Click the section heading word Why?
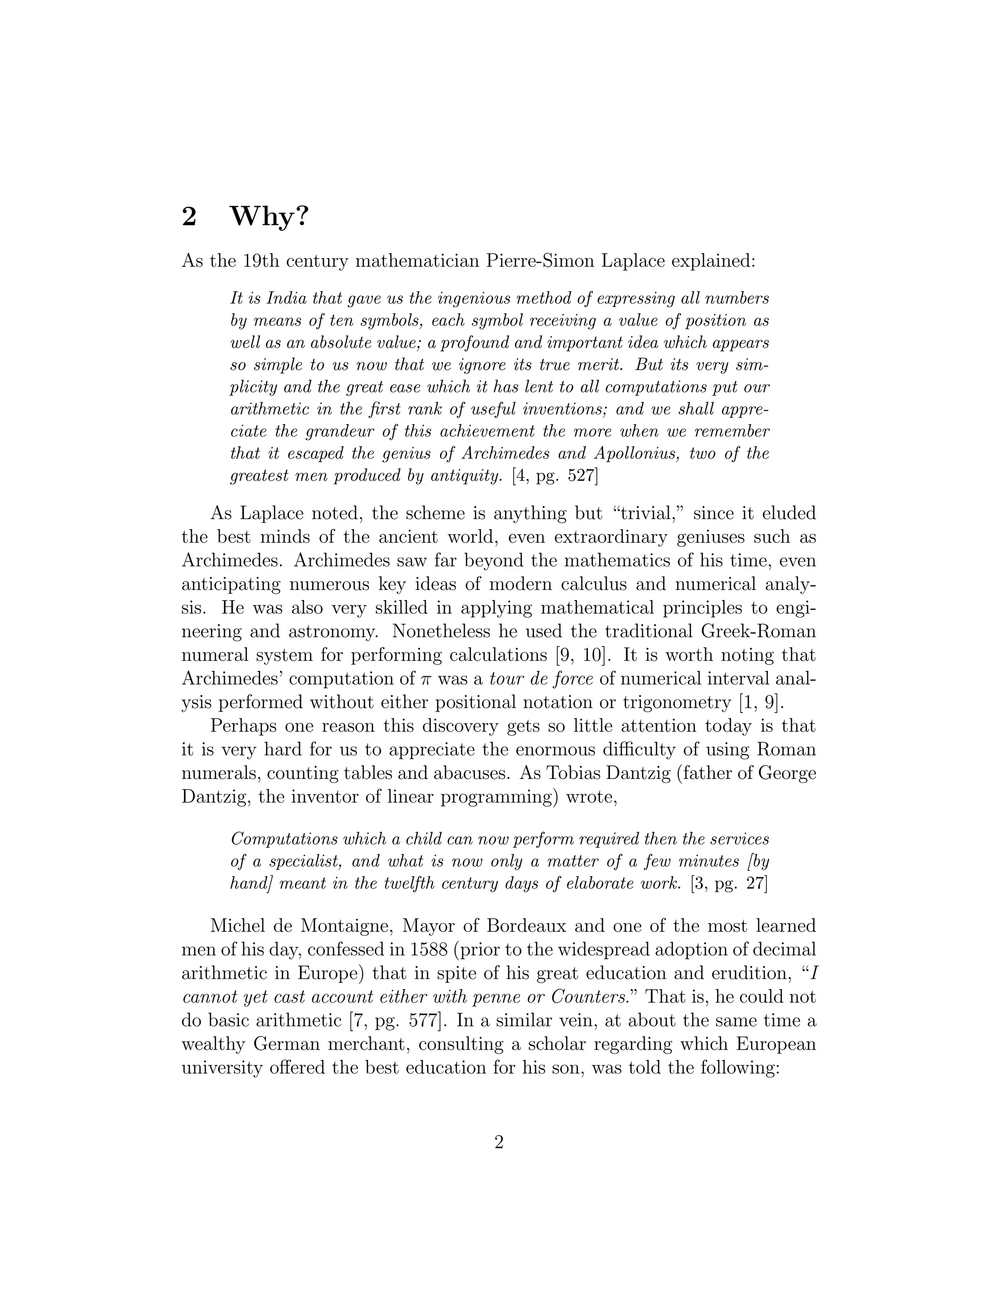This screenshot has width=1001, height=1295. pos(269,217)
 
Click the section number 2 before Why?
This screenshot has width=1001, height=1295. pos(189,217)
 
